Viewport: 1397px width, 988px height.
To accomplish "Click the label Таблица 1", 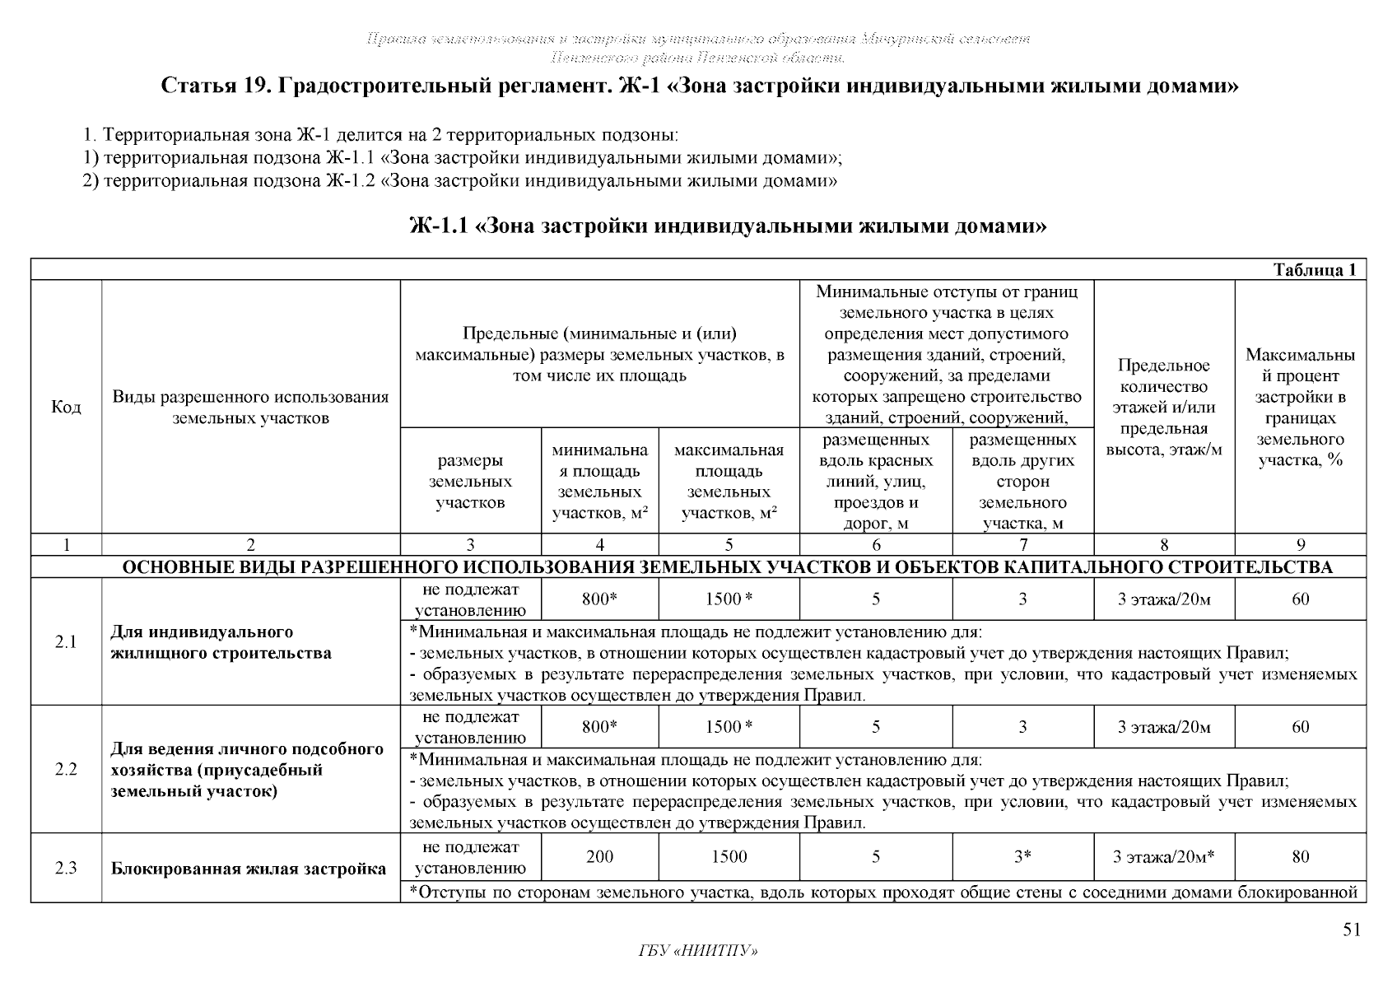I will pos(1314,270).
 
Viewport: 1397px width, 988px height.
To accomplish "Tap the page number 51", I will pos(1352,930).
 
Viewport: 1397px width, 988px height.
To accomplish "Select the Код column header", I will pos(66,408).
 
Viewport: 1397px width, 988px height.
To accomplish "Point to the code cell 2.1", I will pos(66,642).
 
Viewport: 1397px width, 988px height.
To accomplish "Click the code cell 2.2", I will pos(66,770).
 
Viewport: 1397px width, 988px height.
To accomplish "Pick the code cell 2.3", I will pos(66,868).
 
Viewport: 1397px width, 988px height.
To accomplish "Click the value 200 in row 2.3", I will pos(599,857).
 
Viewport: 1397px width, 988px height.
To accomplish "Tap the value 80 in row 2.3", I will pos(1300,857).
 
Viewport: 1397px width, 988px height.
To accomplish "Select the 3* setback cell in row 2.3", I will pos(1022,857).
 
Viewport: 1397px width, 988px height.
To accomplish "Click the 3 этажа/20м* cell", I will pos(1163,857).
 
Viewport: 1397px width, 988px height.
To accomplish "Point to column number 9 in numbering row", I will pos(1300,544).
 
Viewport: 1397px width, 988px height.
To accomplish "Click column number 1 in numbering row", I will pos(66,544).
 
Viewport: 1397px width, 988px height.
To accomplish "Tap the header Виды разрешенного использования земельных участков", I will pos(250,408).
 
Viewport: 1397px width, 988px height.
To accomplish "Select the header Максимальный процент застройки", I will pos(1300,408).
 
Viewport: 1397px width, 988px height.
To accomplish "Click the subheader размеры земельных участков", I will pos(470,482).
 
